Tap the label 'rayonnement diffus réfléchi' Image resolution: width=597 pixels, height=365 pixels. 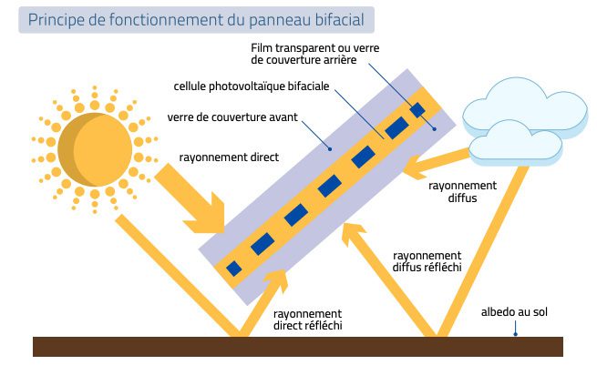(x=427, y=261)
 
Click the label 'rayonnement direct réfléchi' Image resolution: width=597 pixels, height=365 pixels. (x=308, y=318)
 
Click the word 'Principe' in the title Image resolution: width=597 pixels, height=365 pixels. (x=56, y=19)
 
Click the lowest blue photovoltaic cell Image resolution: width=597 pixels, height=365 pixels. (x=234, y=268)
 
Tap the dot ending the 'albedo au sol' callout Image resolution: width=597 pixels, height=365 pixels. (x=515, y=334)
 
